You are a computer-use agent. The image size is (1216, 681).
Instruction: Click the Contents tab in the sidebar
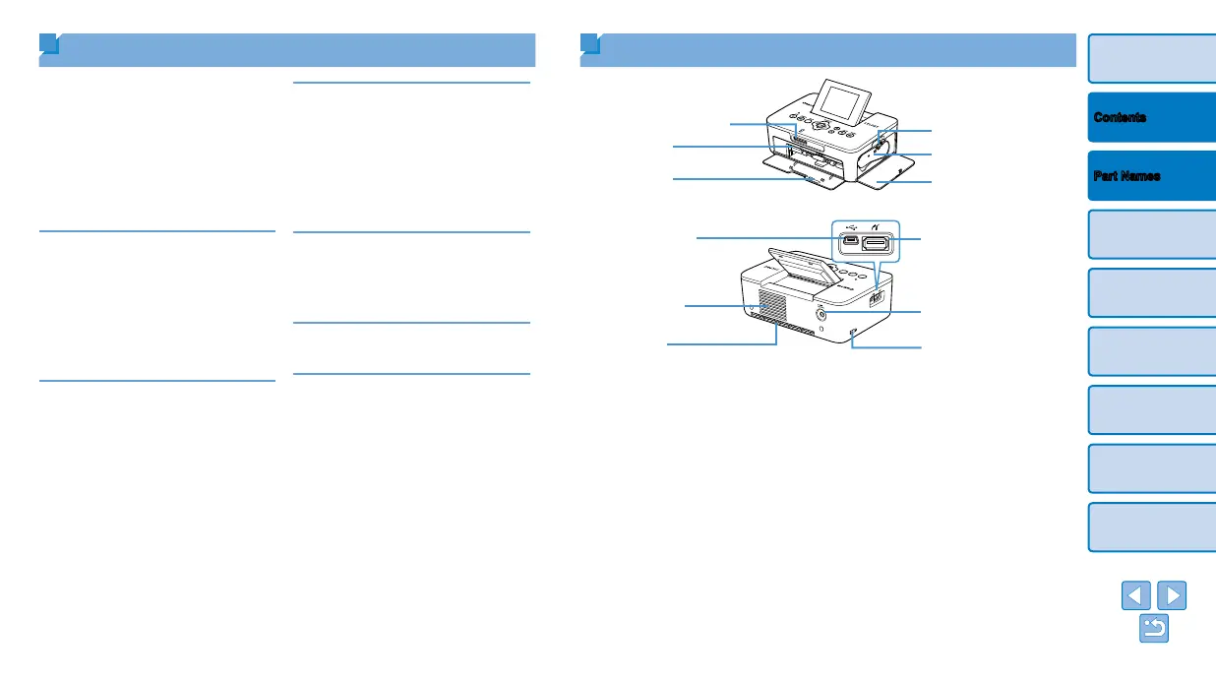point(1151,117)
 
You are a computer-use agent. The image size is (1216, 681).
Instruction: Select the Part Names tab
point(1151,176)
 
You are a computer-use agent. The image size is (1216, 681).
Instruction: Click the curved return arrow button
point(1153,630)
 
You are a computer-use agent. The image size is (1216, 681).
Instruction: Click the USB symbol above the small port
point(848,224)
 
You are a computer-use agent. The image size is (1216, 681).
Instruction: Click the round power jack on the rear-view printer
point(821,314)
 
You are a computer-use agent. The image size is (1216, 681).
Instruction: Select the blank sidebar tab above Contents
point(1151,58)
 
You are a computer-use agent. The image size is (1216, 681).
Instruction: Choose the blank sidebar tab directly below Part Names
point(1151,235)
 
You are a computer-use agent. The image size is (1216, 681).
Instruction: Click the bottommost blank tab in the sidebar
point(1151,527)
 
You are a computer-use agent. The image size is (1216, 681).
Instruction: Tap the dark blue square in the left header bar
point(49,45)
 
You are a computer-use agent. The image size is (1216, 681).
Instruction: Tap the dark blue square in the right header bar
point(589,45)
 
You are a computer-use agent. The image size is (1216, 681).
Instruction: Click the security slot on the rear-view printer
point(853,332)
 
